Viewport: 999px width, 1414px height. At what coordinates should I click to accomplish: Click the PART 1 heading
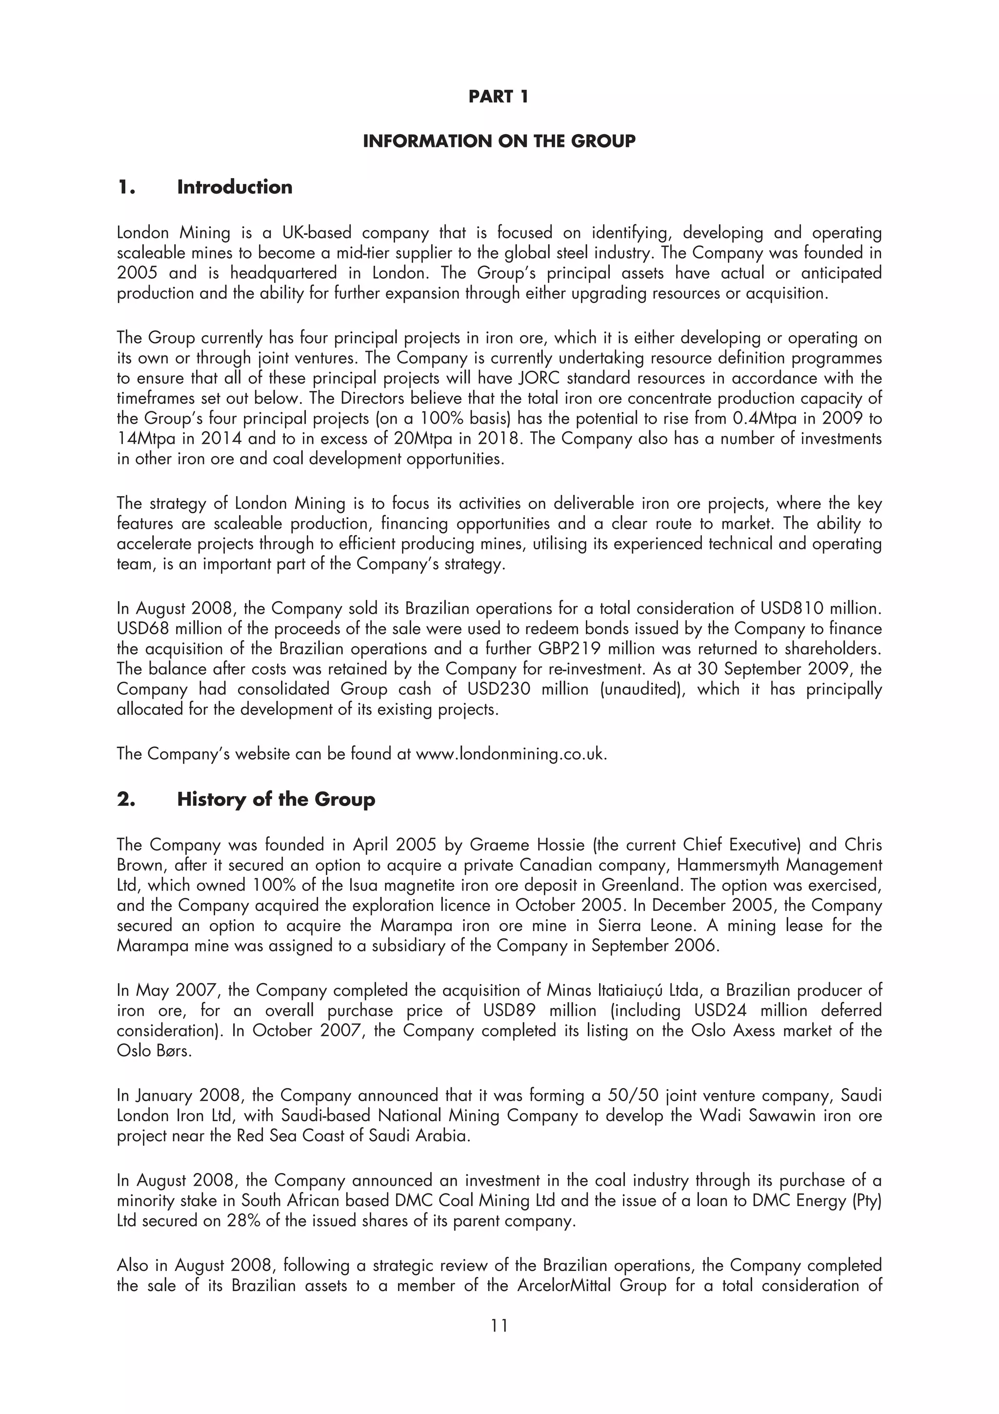498,97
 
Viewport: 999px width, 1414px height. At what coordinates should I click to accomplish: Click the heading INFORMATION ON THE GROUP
499,141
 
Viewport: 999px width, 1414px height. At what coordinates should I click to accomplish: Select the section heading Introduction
235,187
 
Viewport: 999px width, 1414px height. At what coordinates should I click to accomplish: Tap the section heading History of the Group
276,799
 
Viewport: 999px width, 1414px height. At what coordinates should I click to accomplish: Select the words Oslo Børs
154,1050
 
